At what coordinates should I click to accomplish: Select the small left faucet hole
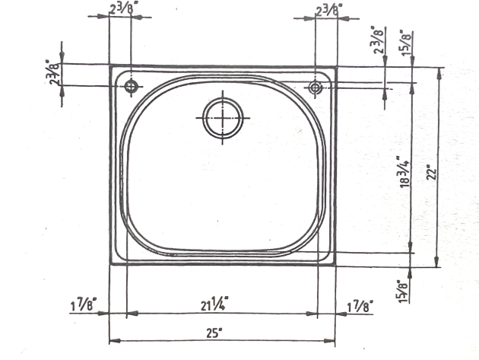click(132, 87)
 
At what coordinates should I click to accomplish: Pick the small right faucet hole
click(315, 88)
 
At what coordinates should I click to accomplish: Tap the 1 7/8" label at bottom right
click(359, 307)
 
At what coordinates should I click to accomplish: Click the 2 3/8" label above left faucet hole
click(120, 9)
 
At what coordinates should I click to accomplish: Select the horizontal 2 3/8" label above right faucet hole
click(328, 9)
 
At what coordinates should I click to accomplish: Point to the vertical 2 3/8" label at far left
click(52, 73)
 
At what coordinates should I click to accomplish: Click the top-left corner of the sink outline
click(110, 66)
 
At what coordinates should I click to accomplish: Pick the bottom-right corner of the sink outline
click(335, 264)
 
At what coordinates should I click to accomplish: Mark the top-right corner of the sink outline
click(335, 67)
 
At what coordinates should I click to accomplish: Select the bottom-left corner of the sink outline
click(110, 264)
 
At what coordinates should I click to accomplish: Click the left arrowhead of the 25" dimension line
click(113, 340)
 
